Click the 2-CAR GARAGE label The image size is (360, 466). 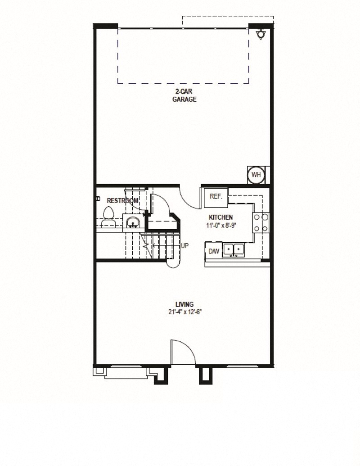184,96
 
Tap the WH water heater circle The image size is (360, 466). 256,175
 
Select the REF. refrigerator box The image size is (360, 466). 216,196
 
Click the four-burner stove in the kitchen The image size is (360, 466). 261,222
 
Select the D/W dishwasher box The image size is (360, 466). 213,251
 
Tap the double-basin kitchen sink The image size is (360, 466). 234,249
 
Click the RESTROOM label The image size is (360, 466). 122,200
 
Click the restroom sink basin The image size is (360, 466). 133,222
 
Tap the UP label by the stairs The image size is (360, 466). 184,246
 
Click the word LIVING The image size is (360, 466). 184,305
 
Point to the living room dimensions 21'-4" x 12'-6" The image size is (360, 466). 184,312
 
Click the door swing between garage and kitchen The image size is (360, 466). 189,198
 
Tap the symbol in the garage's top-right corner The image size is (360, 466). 260,35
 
